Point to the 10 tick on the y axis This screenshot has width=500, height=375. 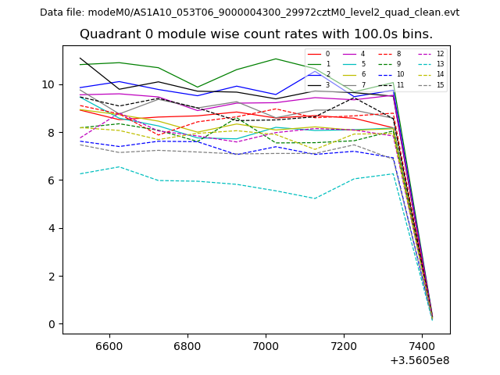pyautogui.click(x=54, y=84)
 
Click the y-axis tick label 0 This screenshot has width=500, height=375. pyautogui.click(x=54, y=324)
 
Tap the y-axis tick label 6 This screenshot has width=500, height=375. pyautogui.click(x=54, y=180)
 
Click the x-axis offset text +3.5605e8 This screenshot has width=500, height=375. pyautogui.click(x=419, y=360)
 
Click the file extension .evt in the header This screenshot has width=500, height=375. pyautogui.click(x=450, y=12)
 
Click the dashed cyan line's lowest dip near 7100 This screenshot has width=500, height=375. pyautogui.click(x=314, y=198)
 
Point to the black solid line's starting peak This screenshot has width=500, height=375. pyautogui.click(x=80, y=58)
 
